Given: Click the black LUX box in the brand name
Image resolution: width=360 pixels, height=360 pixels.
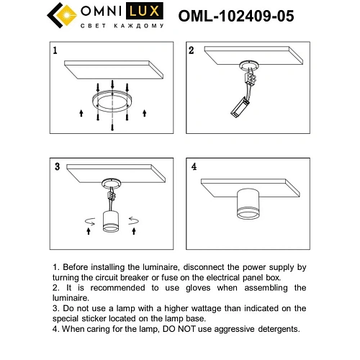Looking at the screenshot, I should pos(148,12).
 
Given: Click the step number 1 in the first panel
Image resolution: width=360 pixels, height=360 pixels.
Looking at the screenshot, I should pos(54,50).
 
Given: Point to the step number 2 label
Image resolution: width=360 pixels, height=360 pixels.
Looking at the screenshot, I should pos(192,50).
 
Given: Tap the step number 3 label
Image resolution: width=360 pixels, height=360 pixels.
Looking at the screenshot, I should pos(55,167).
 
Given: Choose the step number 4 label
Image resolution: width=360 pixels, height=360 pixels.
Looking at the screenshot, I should pos(193,167).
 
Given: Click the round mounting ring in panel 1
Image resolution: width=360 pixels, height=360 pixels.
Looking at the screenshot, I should pos(112,101).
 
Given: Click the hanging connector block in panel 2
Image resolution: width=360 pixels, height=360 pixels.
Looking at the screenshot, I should pos(236,109).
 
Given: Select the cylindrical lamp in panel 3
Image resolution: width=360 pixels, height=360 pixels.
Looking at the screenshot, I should pos(112,218).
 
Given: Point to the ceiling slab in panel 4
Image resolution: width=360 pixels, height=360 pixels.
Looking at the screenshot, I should pos(252,183).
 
